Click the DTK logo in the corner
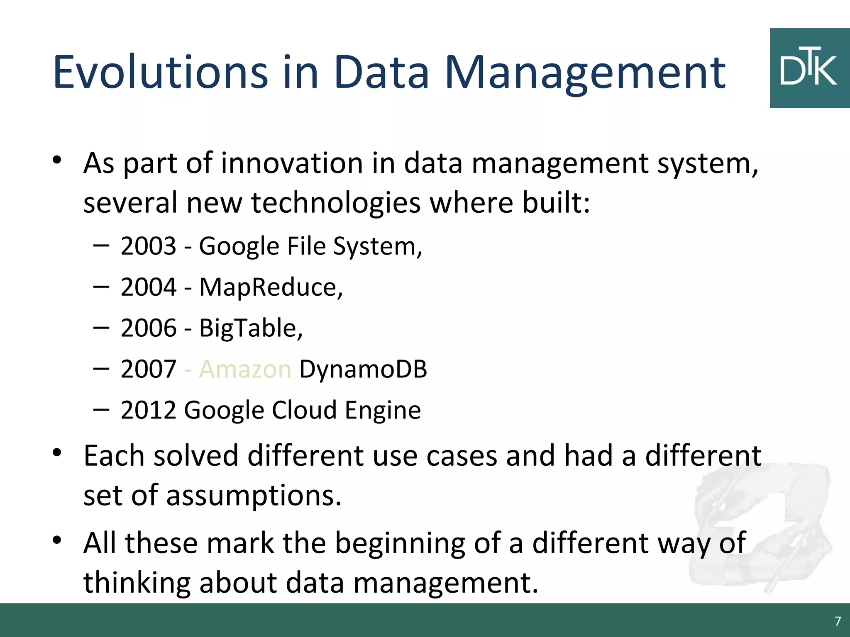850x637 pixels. [809, 68]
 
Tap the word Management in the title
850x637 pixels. [585, 74]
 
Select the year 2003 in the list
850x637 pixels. [149, 246]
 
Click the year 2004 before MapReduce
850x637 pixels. [149, 287]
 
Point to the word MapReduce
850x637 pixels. [271, 287]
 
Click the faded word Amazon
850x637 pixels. [245, 369]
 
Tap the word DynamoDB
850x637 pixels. [363, 369]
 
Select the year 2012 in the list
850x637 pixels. [149, 410]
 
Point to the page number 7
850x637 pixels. [838, 621]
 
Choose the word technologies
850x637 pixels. [336, 203]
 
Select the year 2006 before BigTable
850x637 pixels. [149, 328]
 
